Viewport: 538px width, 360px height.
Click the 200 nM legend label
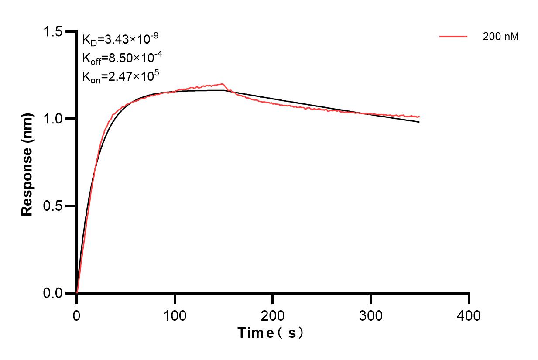click(x=500, y=37)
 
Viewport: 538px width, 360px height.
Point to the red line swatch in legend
click(x=453, y=37)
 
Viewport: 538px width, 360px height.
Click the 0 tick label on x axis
click(x=77, y=315)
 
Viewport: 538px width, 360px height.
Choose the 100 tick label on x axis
click(x=175, y=315)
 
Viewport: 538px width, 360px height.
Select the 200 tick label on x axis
click(x=273, y=315)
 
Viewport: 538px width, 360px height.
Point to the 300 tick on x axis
click(x=371, y=315)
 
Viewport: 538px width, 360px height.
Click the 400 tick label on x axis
click(x=469, y=315)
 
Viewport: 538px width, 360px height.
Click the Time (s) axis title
click(x=271, y=333)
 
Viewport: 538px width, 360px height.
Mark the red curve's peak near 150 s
click(x=223, y=84)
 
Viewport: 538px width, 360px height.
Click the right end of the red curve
click(x=419, y=117)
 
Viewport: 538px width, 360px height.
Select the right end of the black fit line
click(x=419, y=122)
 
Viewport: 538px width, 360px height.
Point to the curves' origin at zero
click(x=77, y=292)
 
